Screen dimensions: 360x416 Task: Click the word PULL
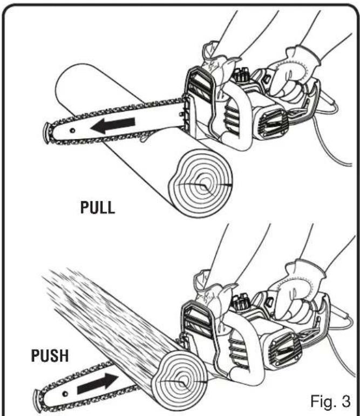click(x=98, y=208)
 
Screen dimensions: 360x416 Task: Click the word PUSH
click(x=50, y=356)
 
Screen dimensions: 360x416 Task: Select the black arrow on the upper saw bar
click(x=113, y=125)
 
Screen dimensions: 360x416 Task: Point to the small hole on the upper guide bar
click(x=72, y=131)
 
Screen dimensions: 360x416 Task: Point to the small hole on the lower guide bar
click(x=65, y=393)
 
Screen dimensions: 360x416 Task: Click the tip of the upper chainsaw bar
click(x=46, y=133)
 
